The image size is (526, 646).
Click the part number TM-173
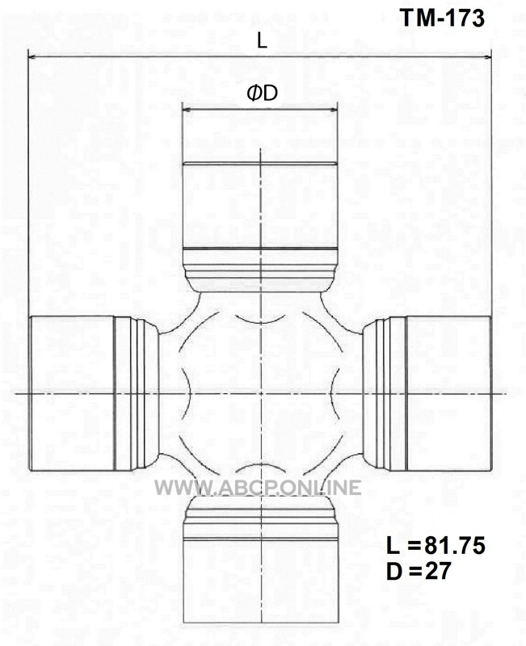(x=442, y=19)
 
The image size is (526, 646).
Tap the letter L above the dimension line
(x=262, y=40)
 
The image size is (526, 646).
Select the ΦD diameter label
(x=262, y=94)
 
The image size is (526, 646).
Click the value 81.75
(x=455, y=547)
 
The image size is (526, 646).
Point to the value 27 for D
(x=438, y=571)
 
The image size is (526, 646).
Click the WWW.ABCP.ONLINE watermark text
(x=258, y=488)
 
